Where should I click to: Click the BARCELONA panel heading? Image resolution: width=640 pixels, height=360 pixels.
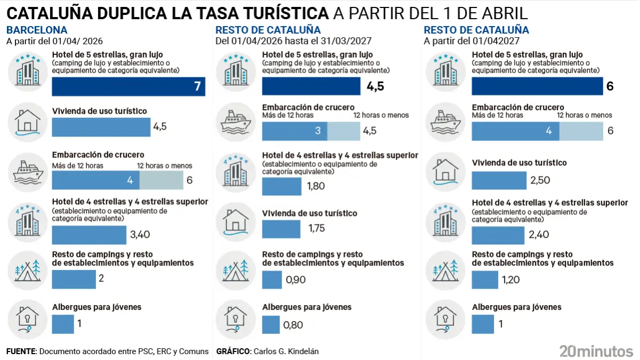tap(37, 30)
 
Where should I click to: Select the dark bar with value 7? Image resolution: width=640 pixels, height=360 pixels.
tap(128, 87)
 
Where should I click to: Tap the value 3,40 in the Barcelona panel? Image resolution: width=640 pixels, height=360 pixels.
tap(140, 234)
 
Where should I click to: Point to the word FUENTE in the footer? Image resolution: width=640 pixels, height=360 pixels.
tap(21, 351)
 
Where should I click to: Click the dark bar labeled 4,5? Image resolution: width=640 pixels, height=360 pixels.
tap(311, 87)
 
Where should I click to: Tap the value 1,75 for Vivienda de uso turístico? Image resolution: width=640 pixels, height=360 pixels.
tap(317, 228)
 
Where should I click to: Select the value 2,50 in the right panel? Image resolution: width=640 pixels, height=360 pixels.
tap(540, 181)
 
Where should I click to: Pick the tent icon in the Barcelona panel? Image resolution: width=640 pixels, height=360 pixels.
tap(26, 270)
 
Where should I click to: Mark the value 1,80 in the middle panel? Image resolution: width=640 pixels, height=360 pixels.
tap(316, 186)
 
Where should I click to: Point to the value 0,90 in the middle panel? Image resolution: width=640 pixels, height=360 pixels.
tap(296, 279)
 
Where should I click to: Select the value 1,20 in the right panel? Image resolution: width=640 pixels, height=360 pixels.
tap(510, 279)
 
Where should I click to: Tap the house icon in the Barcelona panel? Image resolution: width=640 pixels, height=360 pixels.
tap(26, 122)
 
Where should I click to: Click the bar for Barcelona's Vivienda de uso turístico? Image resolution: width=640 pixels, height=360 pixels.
tap(101, 127)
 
